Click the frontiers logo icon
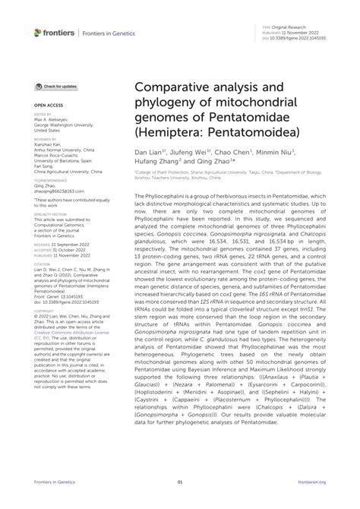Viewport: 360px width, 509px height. [38, 33]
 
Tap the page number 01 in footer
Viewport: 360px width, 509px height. [180, 482]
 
